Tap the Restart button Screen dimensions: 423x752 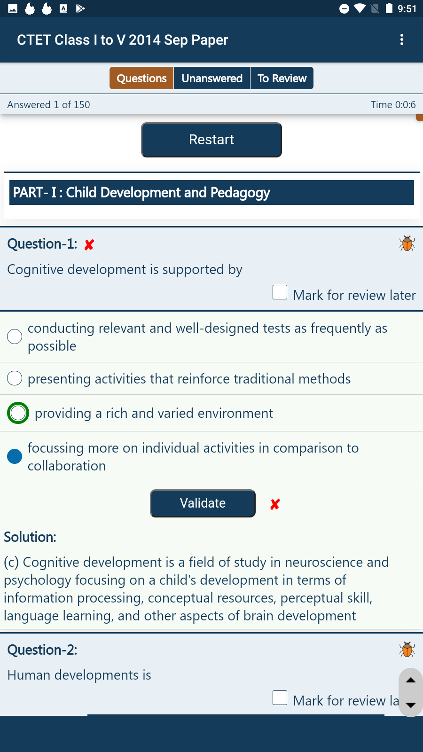tap(211, 140)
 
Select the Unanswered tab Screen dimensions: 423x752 tap(212, 78)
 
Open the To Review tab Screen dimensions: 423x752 tap(282, 78)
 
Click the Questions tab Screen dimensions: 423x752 tap(141, 78)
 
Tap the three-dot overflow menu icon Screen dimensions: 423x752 tap(402, 39)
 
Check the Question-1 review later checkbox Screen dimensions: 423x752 tap(280, 292)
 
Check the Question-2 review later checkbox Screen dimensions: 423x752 tap(280, 697)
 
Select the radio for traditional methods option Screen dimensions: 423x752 tap(15, 378)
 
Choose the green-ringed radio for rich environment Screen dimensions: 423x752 tap(18, 413)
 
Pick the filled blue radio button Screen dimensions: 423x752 tap(15, 456)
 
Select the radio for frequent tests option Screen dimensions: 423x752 tap(15, 337)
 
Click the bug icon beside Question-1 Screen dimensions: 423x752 tap(407, 243)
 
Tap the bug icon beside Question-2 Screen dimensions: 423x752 tap(407, 650)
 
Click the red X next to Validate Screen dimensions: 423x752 tap(275, 504)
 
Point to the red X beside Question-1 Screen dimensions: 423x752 tap(89, 245)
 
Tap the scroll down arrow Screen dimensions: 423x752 tap(411, 705)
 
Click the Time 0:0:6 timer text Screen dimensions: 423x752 tap(393, 105)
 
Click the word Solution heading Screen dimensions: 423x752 tap(30, 537)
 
